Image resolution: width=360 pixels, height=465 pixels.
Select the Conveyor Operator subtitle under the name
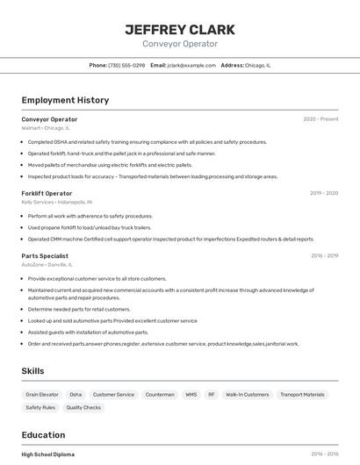pos(180,44)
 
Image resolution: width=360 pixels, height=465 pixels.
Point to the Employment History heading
pos(65,100)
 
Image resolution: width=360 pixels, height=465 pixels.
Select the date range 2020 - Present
pos(320,119)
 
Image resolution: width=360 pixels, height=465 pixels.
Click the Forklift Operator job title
pos(47,193)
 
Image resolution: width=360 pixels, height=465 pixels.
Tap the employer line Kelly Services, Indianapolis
pos(56,202)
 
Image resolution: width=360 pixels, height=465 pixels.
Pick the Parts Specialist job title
pos(45,256)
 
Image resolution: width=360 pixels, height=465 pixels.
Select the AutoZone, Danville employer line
pos(47,264)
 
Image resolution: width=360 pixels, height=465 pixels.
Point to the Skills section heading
pos(32,371)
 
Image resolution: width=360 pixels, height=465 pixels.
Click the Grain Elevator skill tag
pos(42,395)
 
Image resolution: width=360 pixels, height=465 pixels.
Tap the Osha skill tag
pos(76,395)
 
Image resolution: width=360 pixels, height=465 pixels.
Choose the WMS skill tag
pos(191,395)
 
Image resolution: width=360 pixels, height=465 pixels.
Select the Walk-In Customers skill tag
pos(248,395)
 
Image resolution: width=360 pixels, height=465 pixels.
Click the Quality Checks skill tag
pos(83,407)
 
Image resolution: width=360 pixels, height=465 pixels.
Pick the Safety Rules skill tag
pos(40,407)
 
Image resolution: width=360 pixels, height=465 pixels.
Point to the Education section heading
pos(43,435)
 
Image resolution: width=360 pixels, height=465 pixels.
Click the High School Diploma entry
pos(48,454)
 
